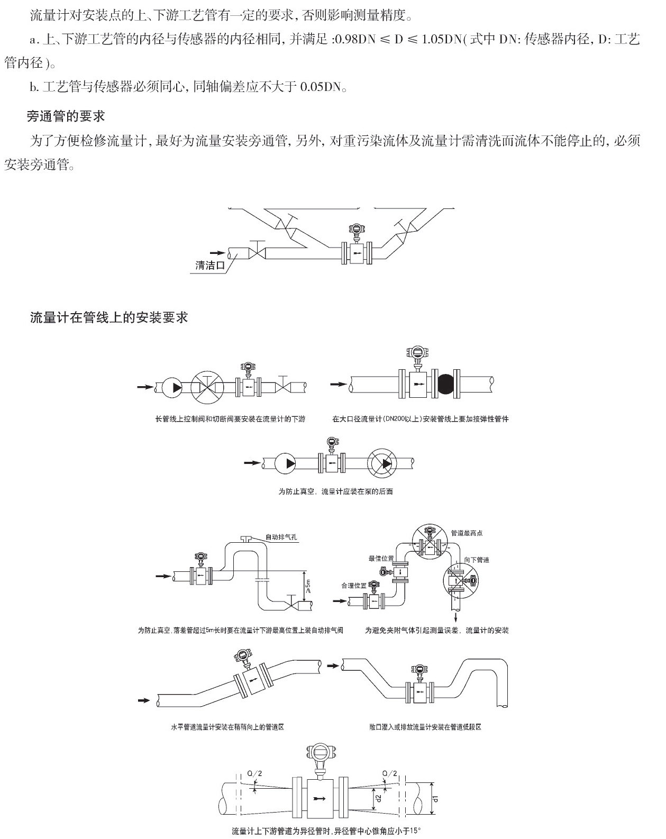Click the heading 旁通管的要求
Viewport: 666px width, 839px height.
(66, 116)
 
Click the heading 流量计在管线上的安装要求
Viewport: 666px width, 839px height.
(109, 317)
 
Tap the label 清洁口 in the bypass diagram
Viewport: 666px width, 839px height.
(210, 265)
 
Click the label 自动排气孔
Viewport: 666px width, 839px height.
(281, 537)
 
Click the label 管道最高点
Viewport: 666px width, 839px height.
(467, 533)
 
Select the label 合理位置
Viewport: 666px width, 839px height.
(354, 586)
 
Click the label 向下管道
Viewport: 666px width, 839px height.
(477, 560)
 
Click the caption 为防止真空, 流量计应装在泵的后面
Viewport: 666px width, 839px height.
(335, 491)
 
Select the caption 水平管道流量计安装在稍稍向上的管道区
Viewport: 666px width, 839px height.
(227, 727)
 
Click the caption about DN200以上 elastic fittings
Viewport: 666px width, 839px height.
(421, 419)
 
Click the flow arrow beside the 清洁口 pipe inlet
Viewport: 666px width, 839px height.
(217, 253)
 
